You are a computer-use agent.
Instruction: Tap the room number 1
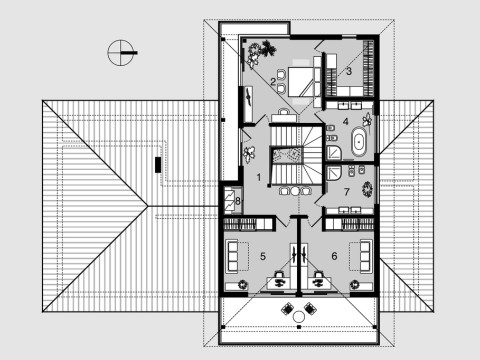click(x=259, y=176)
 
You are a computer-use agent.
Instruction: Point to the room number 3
click(x=348, y=71)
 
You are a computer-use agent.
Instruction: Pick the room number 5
click(x=262, y=257)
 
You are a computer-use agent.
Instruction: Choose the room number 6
click(x=333, y=257)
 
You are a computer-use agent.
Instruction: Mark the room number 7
click(x=345, y=190)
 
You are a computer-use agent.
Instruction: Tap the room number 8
click(x=237, y=201)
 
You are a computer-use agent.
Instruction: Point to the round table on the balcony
click(x=298, y=318)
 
